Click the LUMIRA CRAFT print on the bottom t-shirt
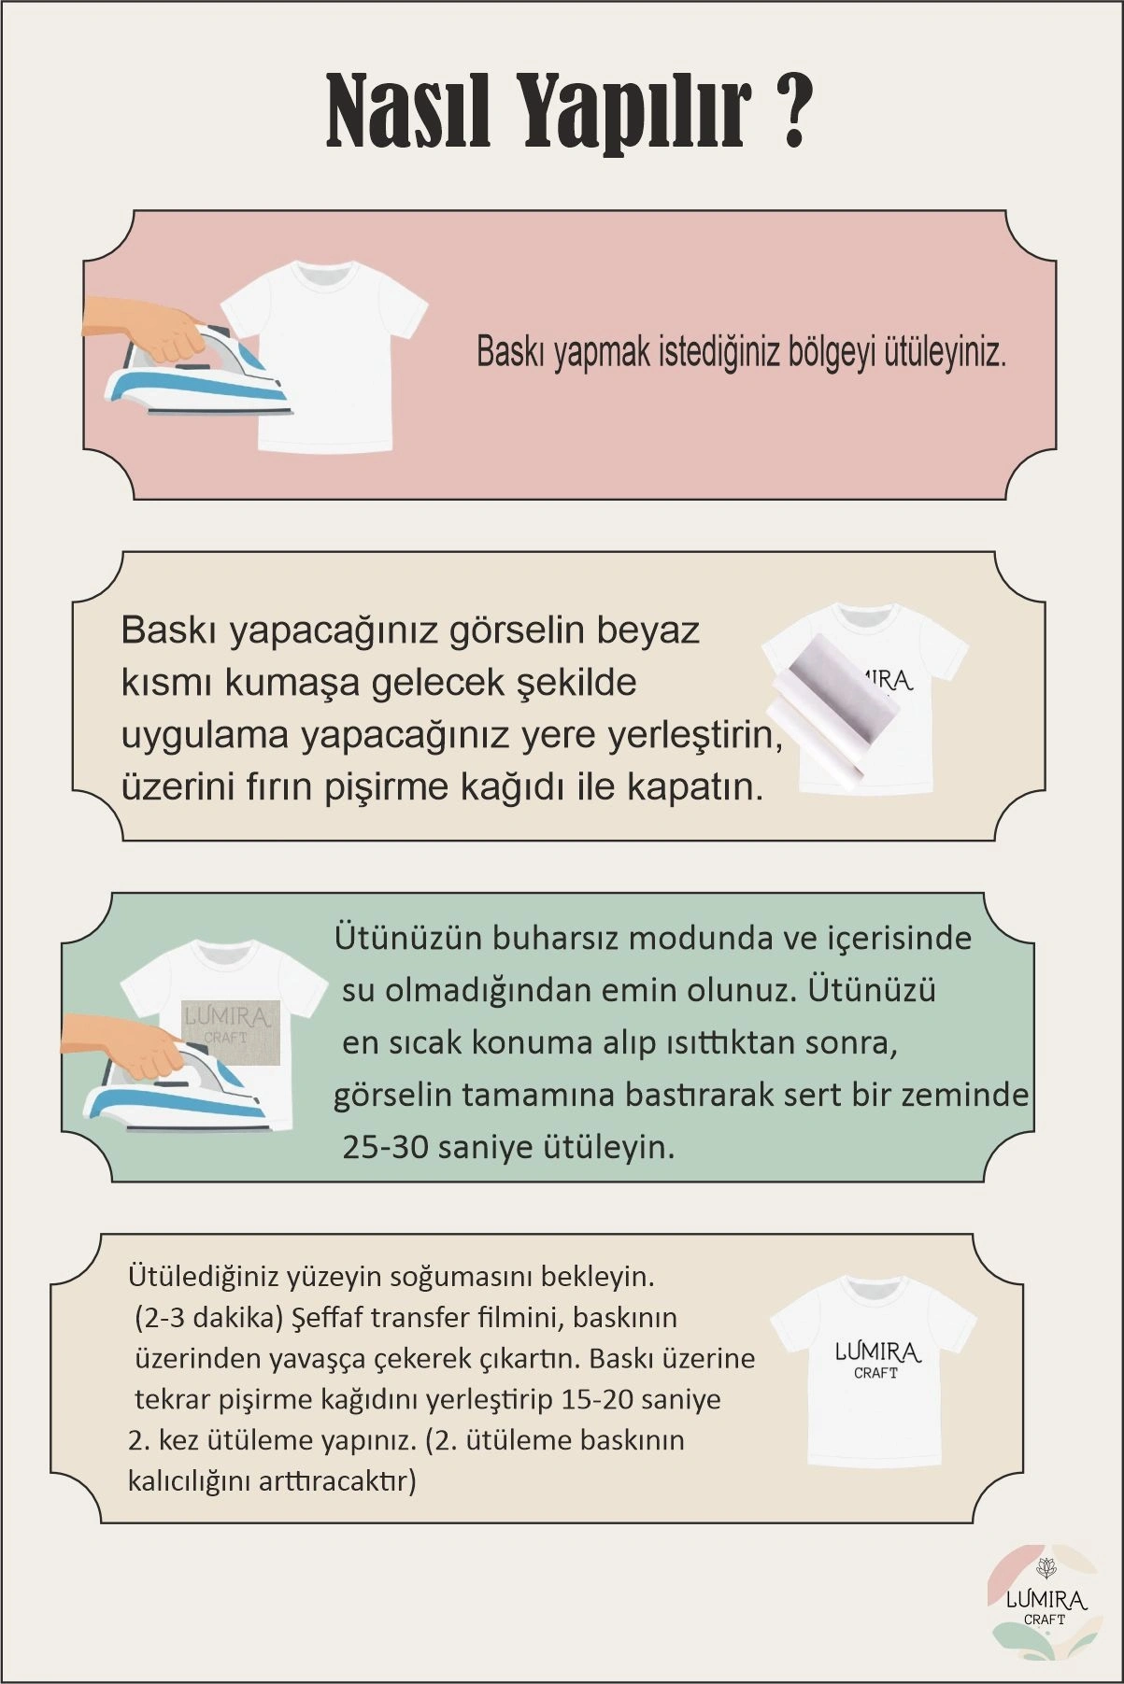point(876,1359)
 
